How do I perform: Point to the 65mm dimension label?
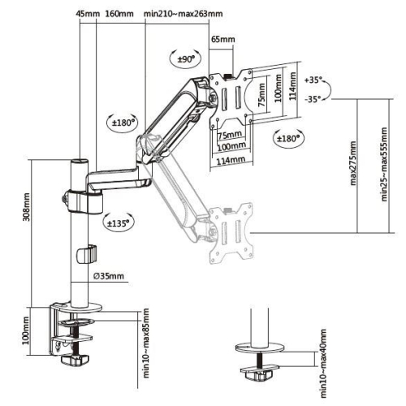point(222,39)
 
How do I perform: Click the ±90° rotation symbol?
point(185,58)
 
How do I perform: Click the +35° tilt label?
point(313,81)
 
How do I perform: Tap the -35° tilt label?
point(313,99)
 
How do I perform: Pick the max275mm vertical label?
point(354,167)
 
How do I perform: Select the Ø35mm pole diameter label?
point(108,276)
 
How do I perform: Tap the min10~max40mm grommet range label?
point(322,363)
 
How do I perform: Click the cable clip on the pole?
point(84,253)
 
